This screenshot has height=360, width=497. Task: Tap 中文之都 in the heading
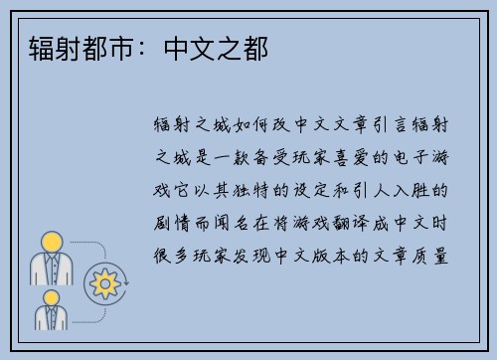tap(214, 46)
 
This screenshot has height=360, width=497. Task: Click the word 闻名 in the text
tap(238, 221)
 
